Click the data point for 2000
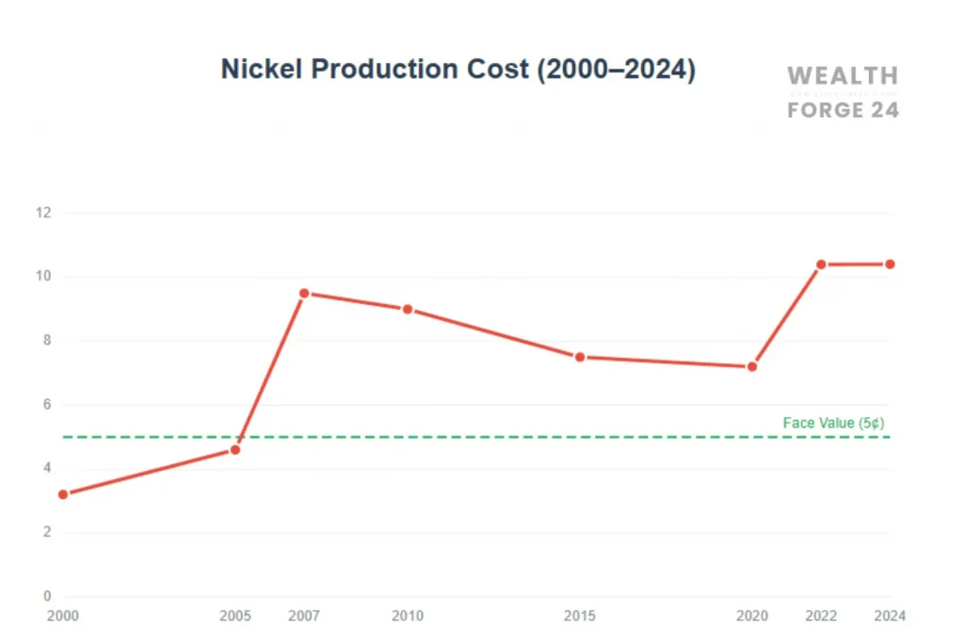click(63, 494)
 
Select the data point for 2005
click(235, 450)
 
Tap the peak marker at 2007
click(304, 294)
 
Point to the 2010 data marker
click(408, 310)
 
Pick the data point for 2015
click(580, 357)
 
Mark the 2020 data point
click(752, 366)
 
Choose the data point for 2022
click(821, 265)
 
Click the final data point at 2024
click(890, 265)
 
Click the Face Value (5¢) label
click(833, 424)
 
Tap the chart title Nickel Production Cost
click(458, 70)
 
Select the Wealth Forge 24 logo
click(843, 92)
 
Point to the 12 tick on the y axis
click(42, 213)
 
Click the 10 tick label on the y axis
click(42, 277)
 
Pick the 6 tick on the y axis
click(45, 405)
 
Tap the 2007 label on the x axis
click(304, 617)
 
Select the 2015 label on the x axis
click(580, 617)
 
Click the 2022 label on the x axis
click(821, 617)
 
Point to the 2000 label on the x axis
click(63, 617)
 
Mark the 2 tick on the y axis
click(45, 532)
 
